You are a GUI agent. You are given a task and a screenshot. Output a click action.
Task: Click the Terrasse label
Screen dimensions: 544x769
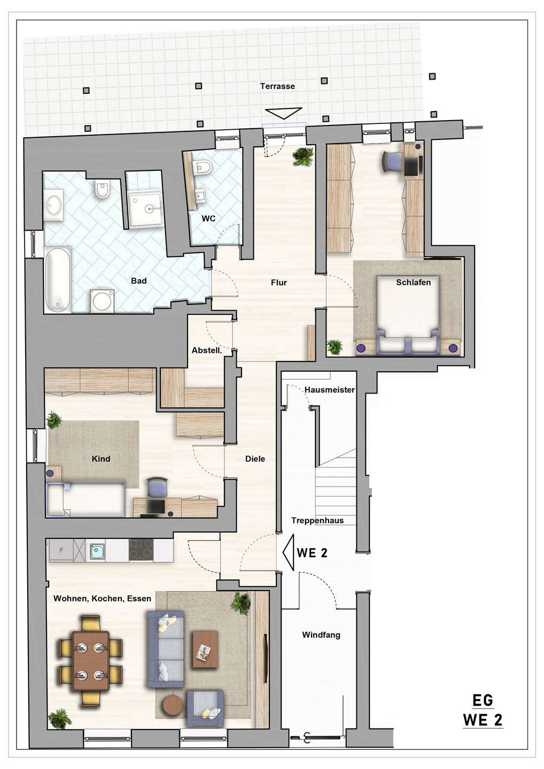[x=277, y=86]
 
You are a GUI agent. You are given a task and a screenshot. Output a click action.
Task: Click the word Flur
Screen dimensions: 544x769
[x=278, y=283]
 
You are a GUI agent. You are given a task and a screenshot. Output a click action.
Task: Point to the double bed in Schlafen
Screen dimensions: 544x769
[x=408, y=314]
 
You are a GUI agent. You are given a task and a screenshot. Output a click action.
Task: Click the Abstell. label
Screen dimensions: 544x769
[x=206, y=350]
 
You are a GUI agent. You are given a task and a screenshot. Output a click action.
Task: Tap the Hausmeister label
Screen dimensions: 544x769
[x=329, y=390]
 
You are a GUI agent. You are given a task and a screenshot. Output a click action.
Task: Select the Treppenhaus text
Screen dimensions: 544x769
[x=317, y=521]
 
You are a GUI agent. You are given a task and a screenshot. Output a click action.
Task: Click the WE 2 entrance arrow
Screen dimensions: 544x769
[x=289, y=552]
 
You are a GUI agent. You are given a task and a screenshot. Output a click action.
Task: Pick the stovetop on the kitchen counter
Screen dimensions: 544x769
[x=141, y=550]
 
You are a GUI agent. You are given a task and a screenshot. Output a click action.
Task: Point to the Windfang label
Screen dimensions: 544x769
[x=321, y=635]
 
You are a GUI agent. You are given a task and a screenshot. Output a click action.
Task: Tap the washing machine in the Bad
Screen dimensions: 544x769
[x=103, y=301]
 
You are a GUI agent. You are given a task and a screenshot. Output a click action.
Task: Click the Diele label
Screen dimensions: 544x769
[x=255, y=459]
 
